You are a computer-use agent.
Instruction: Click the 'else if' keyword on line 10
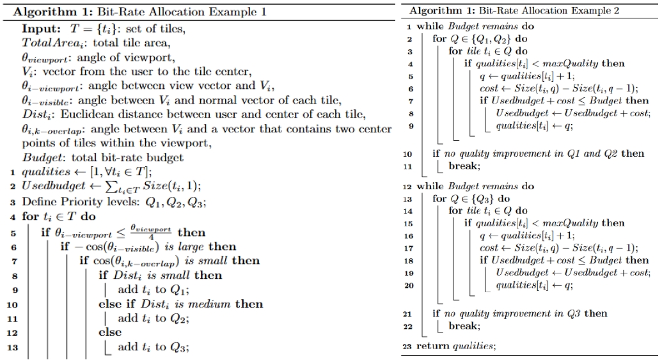(x=118, y=304)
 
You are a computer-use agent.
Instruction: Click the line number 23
(x=407, y=347)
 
